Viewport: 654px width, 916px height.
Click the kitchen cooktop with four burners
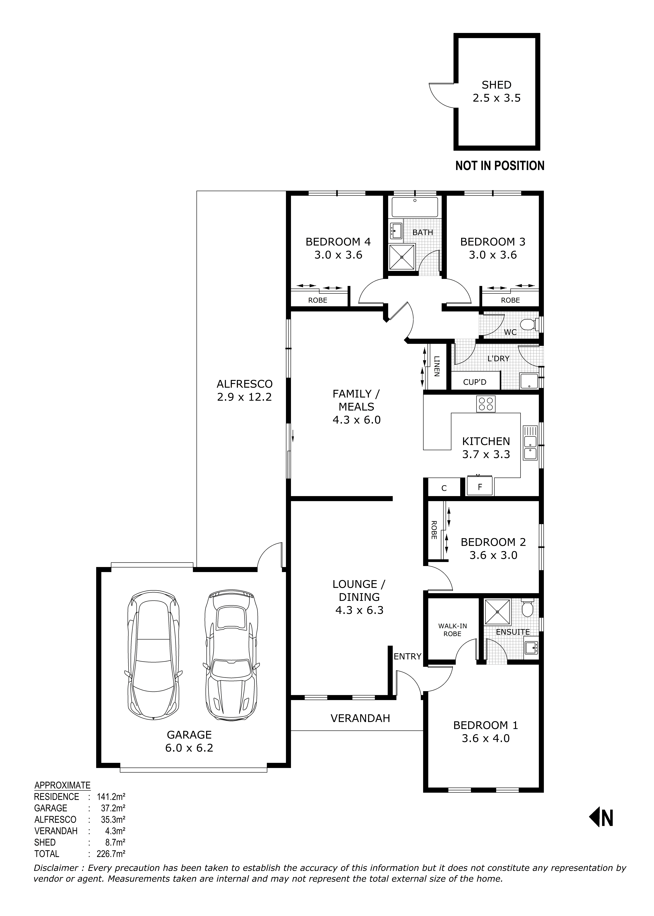(486, 404)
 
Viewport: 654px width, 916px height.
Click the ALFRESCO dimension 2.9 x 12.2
(244, 397)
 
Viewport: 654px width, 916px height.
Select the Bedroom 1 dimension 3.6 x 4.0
(486, 738)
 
